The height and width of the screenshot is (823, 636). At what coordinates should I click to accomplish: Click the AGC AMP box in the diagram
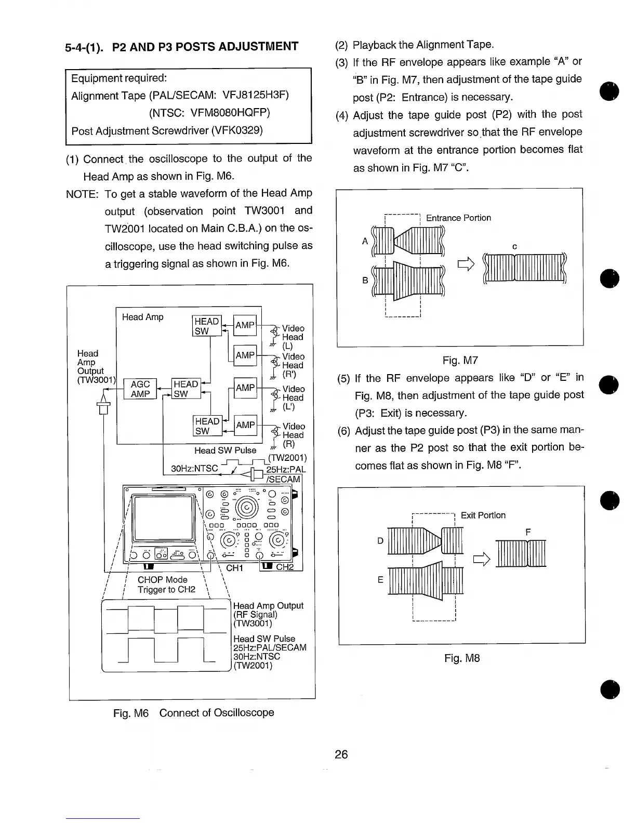tap(140, 389)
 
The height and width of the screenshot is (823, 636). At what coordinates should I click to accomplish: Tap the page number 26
tap(341, 754)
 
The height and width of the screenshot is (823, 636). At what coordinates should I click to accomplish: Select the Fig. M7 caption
tap(460, 361)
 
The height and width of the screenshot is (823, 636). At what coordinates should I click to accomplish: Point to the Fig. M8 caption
tap(462, 658)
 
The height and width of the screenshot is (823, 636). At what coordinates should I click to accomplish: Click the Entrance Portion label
tap(458, 218)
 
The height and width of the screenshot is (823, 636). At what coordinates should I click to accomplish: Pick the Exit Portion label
tap(483, 515)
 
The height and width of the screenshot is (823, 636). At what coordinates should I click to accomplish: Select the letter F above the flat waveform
tap(528, 532)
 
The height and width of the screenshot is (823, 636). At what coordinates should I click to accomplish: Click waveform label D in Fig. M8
tap(380, 541)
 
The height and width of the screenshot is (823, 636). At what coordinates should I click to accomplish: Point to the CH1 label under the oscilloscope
tap(234, 568)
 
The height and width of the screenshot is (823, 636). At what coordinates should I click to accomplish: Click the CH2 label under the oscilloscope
tap(284, 567)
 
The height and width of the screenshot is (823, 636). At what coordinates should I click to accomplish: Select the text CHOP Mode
tap(162, 579)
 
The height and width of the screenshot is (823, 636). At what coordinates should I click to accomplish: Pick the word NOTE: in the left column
tap(82, 194)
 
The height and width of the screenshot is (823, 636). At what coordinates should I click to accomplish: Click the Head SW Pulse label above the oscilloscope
tap(225, 450)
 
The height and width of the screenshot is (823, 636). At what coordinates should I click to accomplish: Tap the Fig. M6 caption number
tap(131, 712)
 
